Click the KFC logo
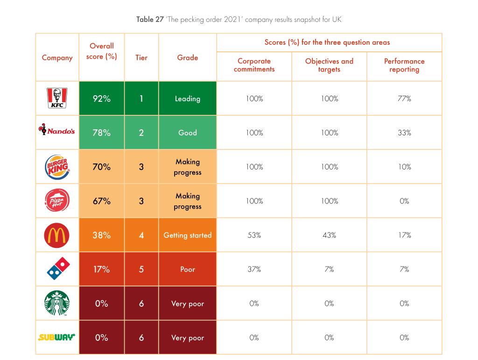pyautogui.click(x=57, y=99)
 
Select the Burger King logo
pyautogui.click(x=57, y=167)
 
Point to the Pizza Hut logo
pyautogui.click(x=57, y=201)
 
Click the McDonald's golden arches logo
pyautogui.click(x=57, y=235)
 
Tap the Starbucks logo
pyautogui.click(x=57, y=304)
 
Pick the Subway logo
pyautogui.click(x=57, y=337)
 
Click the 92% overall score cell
pyautogui.click(x=101, y=99)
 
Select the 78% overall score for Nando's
pyautogui.click(x=101, y=133)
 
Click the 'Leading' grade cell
pyautogui.click(x=188, y=99)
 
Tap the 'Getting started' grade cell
pyautogui.click(x=188, y=235)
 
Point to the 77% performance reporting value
pyautogui.click(x=404, y=99)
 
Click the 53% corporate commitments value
pyautogui.click(x=254, y=235)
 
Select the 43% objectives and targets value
pyautogui.click(x=329, y=235)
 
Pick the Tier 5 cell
pyautogui.click(x=141, y=269)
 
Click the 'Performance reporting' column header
pyautogui.click(x=404, y=65)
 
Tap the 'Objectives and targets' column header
pyautogui.click(x=329, y=65)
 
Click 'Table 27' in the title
pyautogui.click(x=149, y=20)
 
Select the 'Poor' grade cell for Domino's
pyautogui.click(x=188, y=269)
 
